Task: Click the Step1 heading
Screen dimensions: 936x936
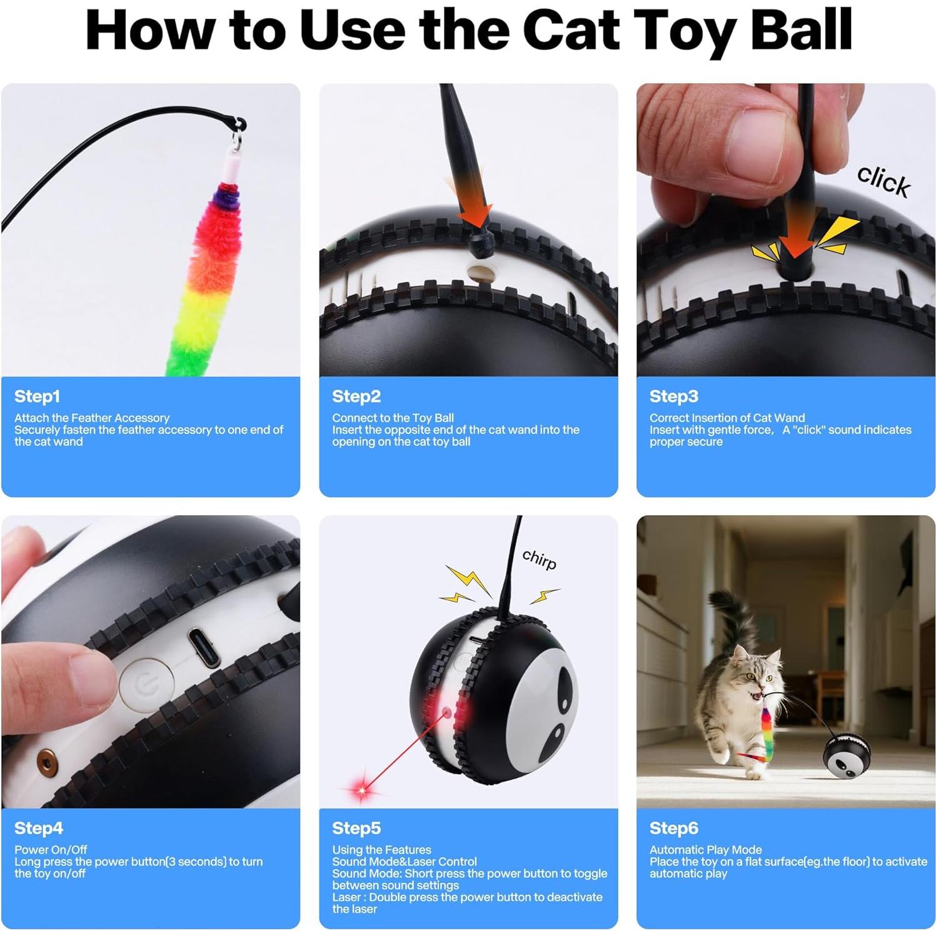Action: click(x=37, y=396)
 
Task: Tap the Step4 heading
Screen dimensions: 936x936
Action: click(x=38, y=828)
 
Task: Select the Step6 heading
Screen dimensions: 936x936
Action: click(x=673, y=828)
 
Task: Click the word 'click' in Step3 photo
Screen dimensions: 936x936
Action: click(x=883, y=181)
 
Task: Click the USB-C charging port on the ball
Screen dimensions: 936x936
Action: click(x=204, y=648)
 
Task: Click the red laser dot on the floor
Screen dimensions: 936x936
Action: click(x=361, y=790)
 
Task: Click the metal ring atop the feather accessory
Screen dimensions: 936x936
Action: click(x=238, y=134)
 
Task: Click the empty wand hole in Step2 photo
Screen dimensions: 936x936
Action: click(x=480, y=273)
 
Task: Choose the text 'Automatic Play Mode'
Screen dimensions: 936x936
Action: click(x=705, y=850)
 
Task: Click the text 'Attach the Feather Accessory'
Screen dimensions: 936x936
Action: click(x=92, y=418)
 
